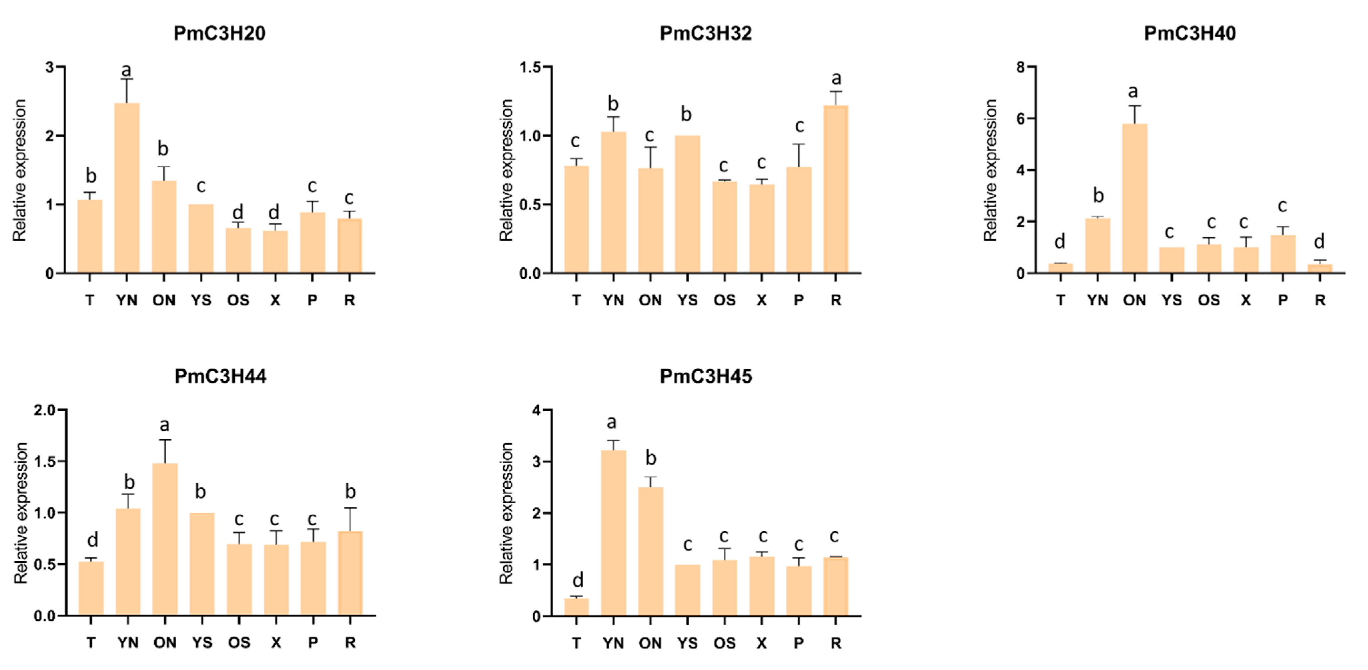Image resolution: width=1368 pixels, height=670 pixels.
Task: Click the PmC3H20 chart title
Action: pyautogui.click(x=219, y=33)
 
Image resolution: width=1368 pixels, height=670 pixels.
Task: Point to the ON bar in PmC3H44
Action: pyautogui.click(x=165, y=539)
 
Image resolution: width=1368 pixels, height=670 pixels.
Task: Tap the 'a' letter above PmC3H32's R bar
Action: pyautogui.click(x=836, y=79)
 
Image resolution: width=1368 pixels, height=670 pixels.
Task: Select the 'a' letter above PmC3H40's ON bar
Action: pyautogui.click(x=1133, y=92)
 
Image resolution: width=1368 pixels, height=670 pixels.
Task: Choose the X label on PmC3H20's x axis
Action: pyautogui.click(x=274, y=300)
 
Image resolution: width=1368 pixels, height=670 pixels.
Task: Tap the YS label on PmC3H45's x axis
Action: pyautogui.click(x=687, y=643)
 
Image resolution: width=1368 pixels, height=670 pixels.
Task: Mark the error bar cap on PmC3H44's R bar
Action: pyautogui.click(x=350, y=508)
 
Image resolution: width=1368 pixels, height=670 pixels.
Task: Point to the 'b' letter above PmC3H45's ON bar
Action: pyautogui.click(x=651, y=458)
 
